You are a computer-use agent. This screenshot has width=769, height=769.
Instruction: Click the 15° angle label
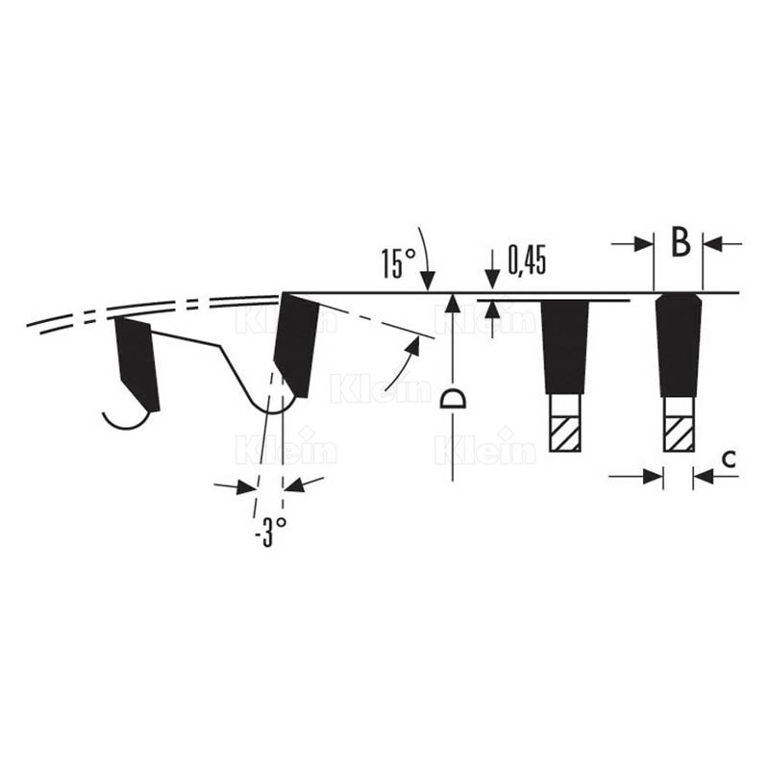point(398,263)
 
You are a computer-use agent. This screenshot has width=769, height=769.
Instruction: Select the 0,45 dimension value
point(527,260)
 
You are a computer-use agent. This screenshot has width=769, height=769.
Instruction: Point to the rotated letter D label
point(453,399)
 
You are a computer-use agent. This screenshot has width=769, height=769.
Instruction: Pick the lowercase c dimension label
point(729,459)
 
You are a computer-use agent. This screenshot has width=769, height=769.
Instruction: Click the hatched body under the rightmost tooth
point(679,434)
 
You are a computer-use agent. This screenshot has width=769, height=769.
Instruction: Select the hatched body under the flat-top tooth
point(564,434)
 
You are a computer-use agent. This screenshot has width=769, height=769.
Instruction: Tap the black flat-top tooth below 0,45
point(564,347)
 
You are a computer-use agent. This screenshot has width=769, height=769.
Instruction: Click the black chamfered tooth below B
point(679,345)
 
